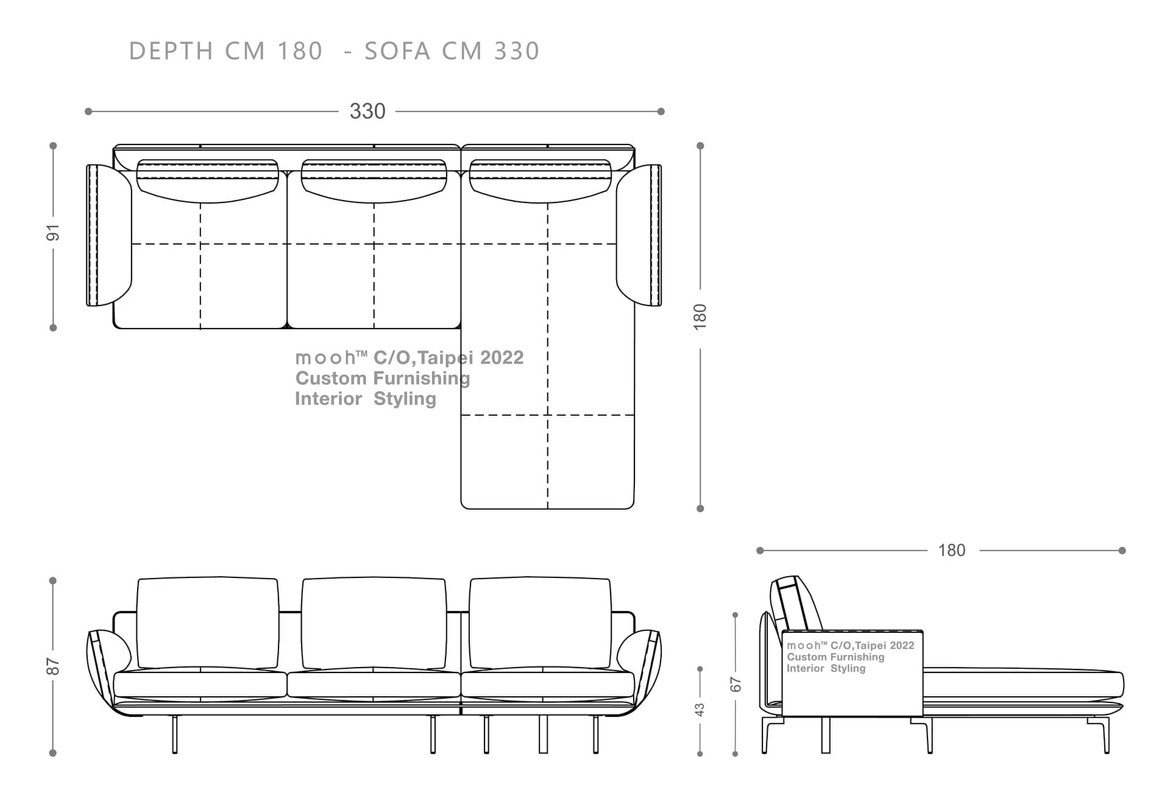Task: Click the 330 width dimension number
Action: point(367,111)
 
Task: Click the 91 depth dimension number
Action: point(54,232)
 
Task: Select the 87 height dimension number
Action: point(54,666)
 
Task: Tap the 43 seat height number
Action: point(700,710)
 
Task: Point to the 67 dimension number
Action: point(736,684)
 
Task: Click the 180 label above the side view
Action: point(952,551)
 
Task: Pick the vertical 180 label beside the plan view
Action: point(700,317)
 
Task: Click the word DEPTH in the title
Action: point(171,51)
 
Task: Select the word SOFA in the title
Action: point(397,51)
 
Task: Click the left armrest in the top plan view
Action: point(109,235)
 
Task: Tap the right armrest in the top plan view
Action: point(639,235)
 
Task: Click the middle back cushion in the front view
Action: point(374,622)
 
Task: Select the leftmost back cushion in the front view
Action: point(208,622)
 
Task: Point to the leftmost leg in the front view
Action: point(175,734)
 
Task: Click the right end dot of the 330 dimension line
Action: point(661,112)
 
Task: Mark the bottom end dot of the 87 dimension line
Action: point(53,753)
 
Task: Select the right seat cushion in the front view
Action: point(547,684)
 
